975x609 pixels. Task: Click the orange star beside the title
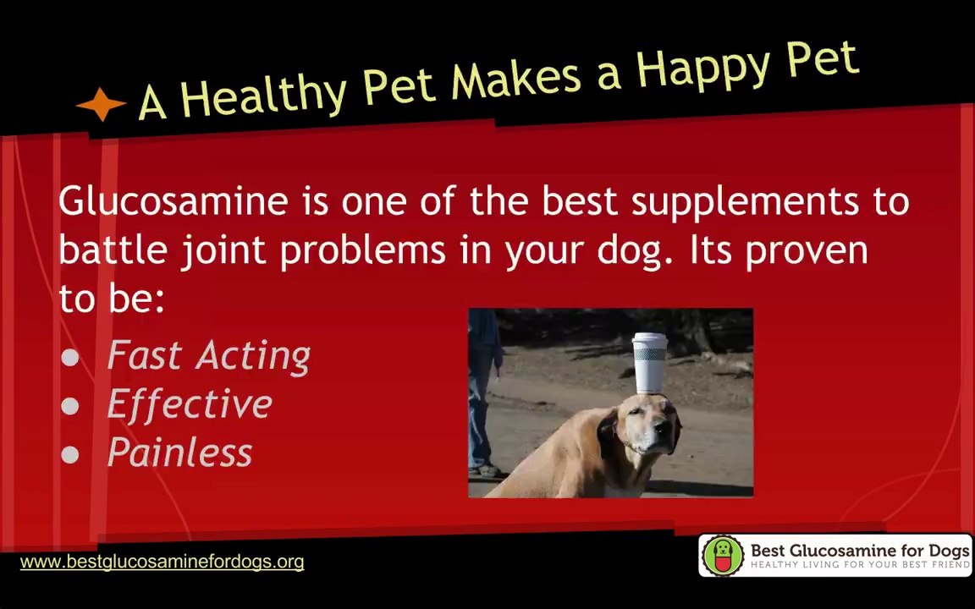(x=101, y=104)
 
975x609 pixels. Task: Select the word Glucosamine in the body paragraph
(x=174, y=201)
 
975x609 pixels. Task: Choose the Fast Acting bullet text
(x=208, y=356)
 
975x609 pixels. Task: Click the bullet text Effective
(x=190, y=404)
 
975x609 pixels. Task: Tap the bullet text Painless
(x=179, y=452)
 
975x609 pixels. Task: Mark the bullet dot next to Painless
(x=70, y=454)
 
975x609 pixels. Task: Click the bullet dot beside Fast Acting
(x=70, y=357)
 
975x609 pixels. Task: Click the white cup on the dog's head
(x=649, y=363)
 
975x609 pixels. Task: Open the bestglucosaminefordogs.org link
(x=162, y=562)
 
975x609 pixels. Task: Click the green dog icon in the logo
(x=723, y=555)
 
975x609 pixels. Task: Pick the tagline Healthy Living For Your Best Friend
(x=860, y=565)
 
